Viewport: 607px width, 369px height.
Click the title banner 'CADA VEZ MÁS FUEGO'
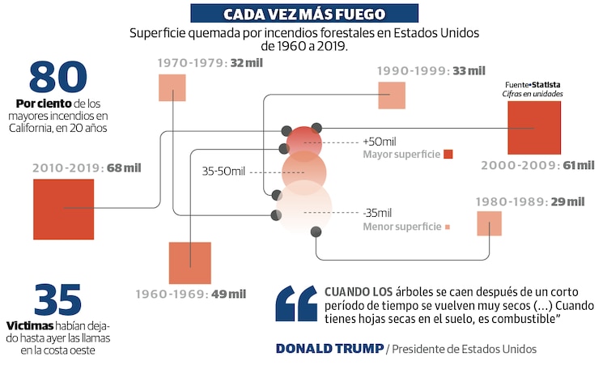tap(304, 14)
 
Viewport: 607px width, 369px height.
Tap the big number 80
tap(57, 77)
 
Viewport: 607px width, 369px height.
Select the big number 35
tap(57, 299)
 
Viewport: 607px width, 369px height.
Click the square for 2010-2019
tap(64, 209)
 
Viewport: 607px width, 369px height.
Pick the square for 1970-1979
tap(172, 87)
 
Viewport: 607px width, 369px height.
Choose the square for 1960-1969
tap(189, 263)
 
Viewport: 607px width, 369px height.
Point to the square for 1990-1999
tap(392, 95)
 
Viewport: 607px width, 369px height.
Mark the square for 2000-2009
tap(534, 128)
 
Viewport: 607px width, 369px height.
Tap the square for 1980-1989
tap(489, 223)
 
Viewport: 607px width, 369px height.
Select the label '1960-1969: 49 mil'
tap(191, 294)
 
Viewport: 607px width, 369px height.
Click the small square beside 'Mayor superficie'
tap(448, 155)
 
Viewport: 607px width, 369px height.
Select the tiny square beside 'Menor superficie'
tap(448, 227)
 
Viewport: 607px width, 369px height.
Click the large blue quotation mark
tap(295, 303)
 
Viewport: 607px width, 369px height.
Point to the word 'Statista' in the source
tap(546, 84)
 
